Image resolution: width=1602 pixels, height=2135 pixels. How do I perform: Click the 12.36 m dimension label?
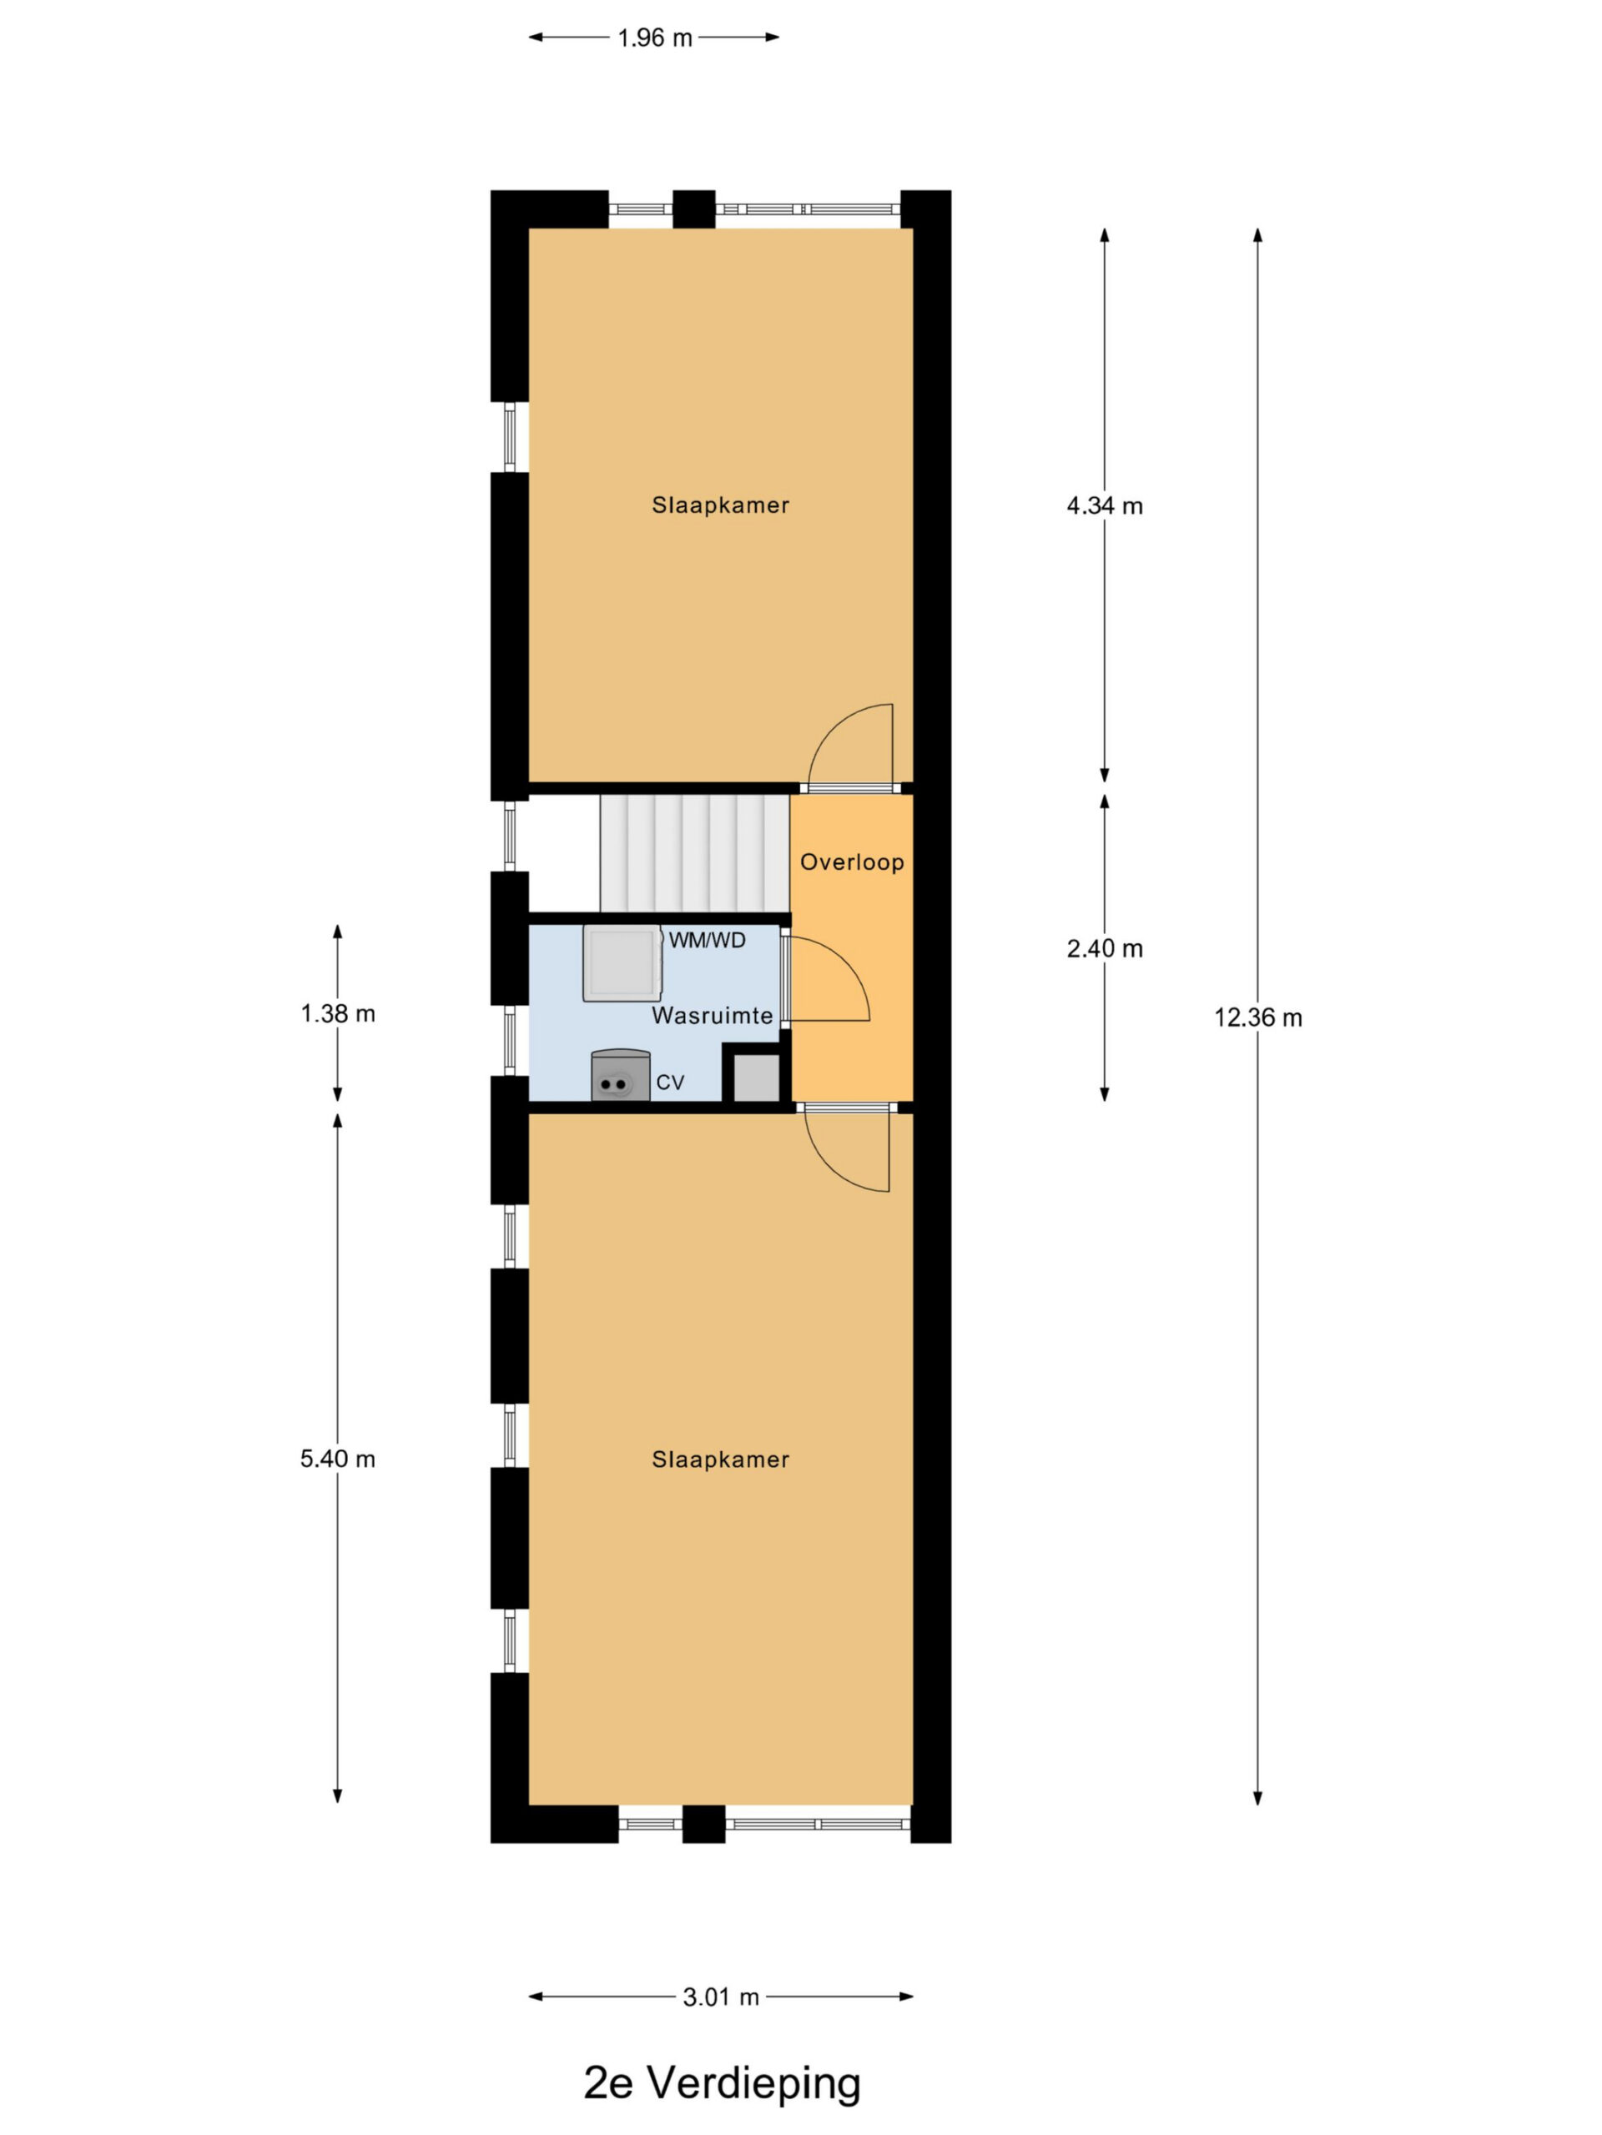(1257, 1017)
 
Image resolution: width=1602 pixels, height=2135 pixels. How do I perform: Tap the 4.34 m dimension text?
(1105, 505)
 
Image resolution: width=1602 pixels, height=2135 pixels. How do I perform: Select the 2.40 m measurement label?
(1105, 949)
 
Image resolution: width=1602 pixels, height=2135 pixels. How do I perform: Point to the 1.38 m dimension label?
(338, 1013)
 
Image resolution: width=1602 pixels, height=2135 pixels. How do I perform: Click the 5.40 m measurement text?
(338, 1459)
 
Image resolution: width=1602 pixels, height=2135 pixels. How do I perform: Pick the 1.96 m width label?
(655, 38)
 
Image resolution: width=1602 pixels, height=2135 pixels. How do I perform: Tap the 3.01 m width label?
(720, 1997)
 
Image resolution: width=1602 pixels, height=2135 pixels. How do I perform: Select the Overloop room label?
(852, 862)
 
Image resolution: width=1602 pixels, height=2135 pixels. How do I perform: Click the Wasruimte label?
(712, 1016)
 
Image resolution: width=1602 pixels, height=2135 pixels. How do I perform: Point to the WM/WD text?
(707, 940)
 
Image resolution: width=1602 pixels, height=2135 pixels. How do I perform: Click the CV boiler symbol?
(620, 1074)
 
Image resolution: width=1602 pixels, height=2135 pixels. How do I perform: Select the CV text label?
(670, 1083)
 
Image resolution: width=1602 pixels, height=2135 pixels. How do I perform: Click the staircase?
(694, 853)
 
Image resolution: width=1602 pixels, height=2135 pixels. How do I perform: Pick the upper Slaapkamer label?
(720, 505)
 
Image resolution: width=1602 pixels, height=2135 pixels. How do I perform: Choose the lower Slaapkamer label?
(720, 1459)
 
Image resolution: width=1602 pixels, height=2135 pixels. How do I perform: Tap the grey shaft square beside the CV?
(756, 1078)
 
